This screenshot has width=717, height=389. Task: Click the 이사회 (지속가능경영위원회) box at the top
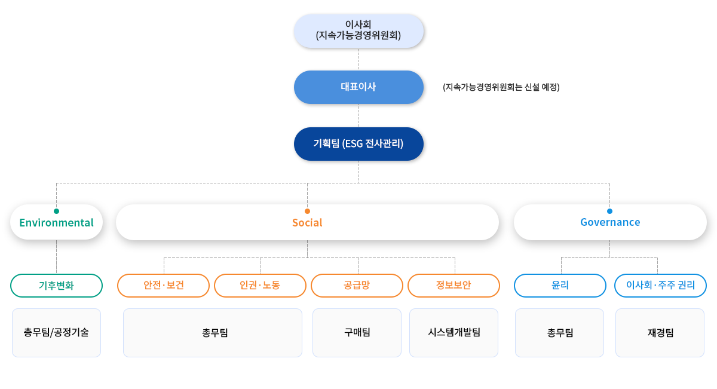pyautogui.click(x=358, y=31)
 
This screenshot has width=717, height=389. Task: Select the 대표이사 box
pyautogui.click(x=358, y=87)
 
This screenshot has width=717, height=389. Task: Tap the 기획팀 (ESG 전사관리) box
pyautogui.click(x=358, y=144)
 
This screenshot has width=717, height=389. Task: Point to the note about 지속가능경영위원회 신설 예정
pyautogui.click(x=501, y=87)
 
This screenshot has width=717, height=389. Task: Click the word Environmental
pyautogui.click(x=56, y=223)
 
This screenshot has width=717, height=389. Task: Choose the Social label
pyautogui.click(x=307, y=223)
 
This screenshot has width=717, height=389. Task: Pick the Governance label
pyautogui.click(x=610, y=222)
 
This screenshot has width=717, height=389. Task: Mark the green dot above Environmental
pyautogui.click(x=56, y=211)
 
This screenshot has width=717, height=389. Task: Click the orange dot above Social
pyautogui.click(x=307, y=211)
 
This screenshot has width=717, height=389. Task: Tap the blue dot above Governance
pyautogui.click(x=610, y=211)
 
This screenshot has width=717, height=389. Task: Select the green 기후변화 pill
pyautogui.click(x=56, y=286)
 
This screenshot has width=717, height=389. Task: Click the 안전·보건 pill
pyautogui.click(x=163, y=286)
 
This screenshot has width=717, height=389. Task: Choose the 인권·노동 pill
pyautogui.click(x=260, y=286)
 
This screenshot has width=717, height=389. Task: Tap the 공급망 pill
pyautogui.click(x=357, y=286)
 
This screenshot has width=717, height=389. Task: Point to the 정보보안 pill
pyautogui.click(x=454, y=286)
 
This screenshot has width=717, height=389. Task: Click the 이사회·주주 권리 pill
pyautogui.click(x=660, y=286)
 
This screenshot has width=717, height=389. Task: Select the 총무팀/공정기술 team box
pyautogui.click(x=56, y=333)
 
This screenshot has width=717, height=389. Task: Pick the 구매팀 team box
pyautogui.click(x=357, y=333)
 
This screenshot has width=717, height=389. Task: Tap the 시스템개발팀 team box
pyautogui.click(x=454, y=333)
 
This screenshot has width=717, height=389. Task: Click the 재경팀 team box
pyautogui.click(x=660, y=333)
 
